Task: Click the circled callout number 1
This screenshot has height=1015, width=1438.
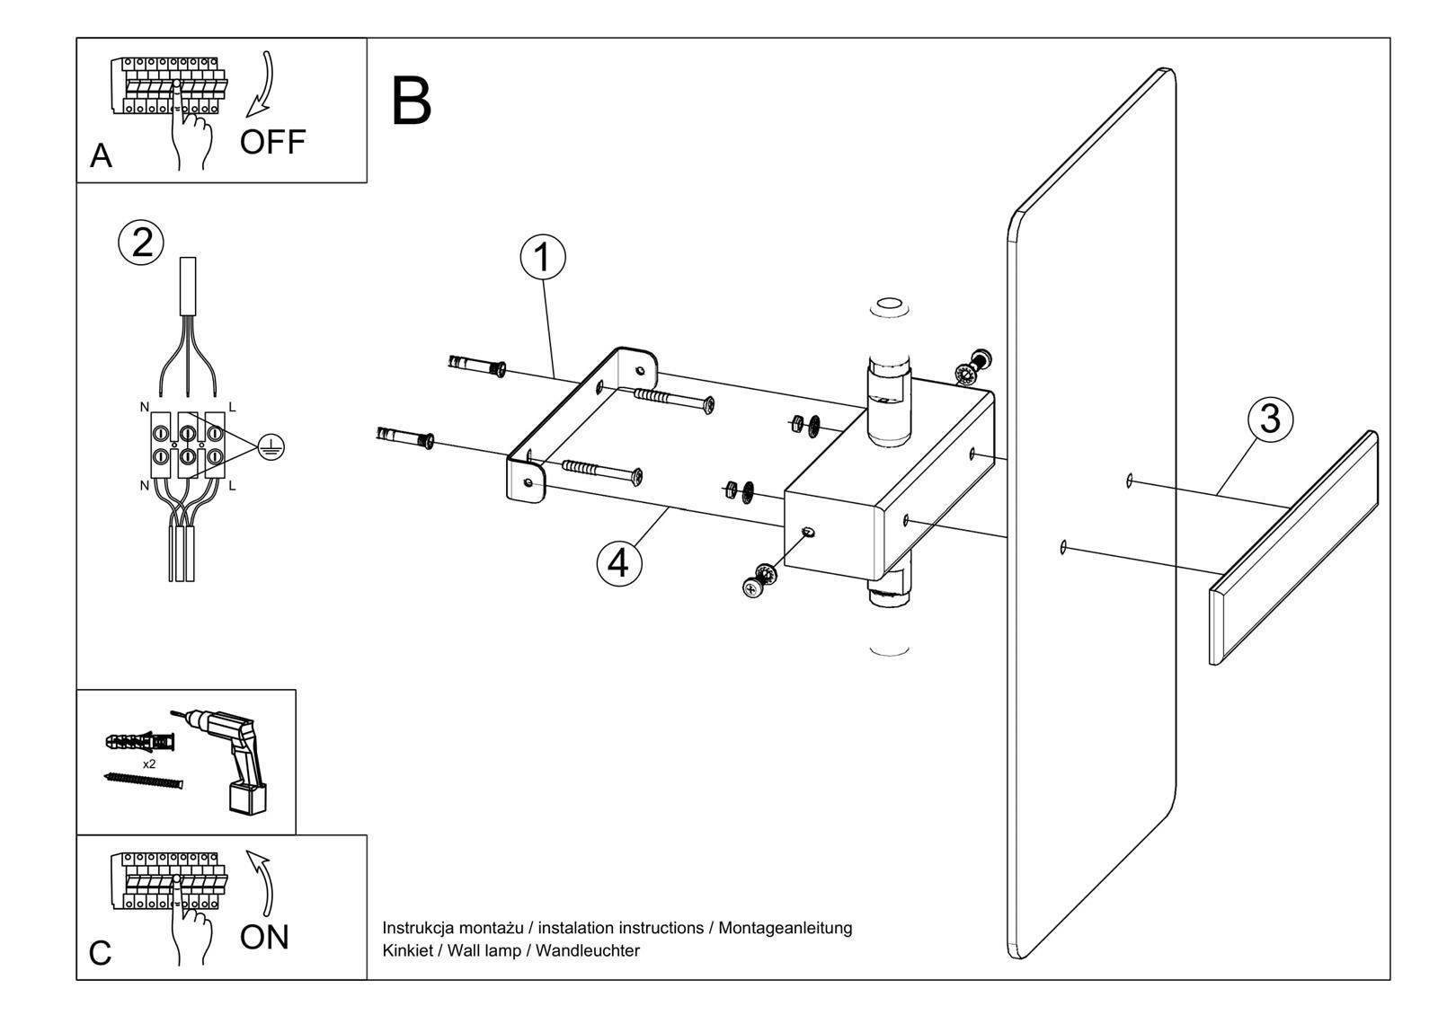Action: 543,257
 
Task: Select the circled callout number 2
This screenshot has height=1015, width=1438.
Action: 142,243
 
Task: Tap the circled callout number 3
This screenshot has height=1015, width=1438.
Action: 1269,419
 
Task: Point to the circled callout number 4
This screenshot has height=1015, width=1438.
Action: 619,563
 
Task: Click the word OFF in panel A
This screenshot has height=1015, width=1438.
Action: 272,142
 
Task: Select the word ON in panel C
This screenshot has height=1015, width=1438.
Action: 264,937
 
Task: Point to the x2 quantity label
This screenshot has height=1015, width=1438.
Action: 149,764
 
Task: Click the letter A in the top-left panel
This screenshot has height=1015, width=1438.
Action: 101,156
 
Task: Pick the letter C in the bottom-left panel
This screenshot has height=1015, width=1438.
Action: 101,953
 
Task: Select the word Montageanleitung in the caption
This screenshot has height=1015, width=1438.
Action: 785,928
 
